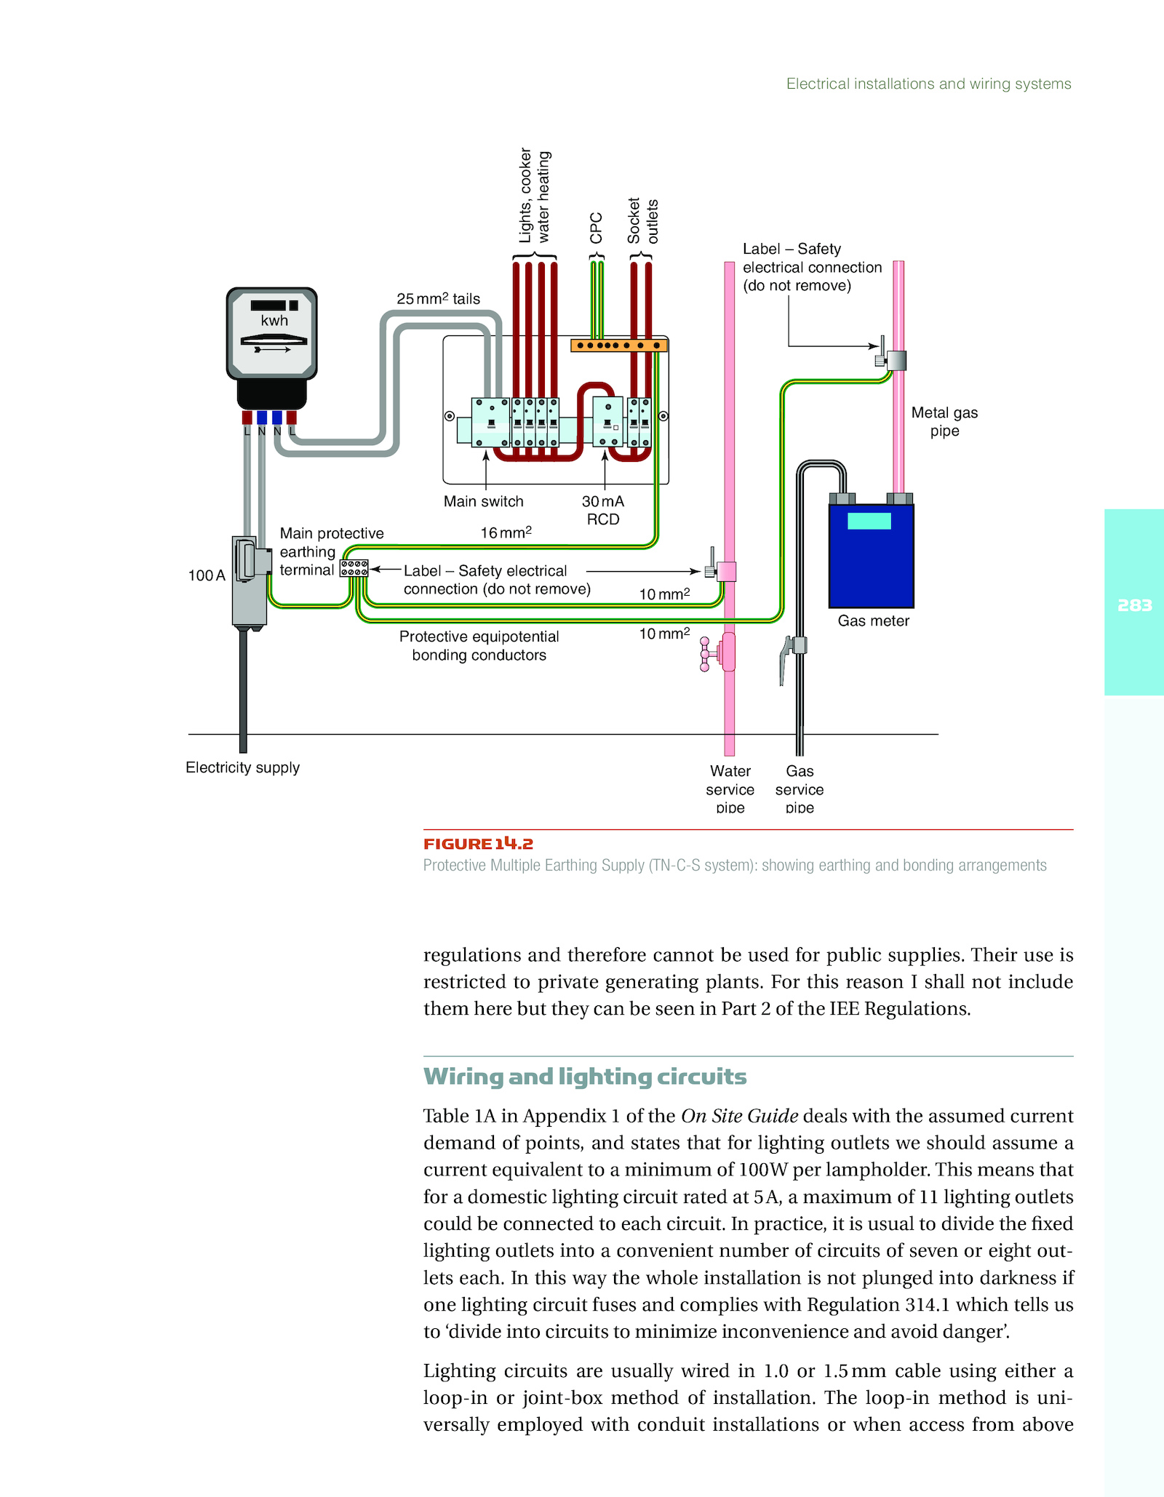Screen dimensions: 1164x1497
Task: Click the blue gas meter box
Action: (872, 556)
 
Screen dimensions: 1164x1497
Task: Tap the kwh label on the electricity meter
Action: (274, 321)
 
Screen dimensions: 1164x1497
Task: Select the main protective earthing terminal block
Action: (354, 568)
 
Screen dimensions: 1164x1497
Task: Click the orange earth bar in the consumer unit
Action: (619, 345)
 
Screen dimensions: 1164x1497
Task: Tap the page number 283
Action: (1135, 605)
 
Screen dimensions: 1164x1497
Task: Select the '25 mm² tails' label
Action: (438, 298)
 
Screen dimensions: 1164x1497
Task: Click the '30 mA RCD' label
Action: (603, 510)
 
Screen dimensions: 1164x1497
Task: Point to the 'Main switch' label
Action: (484, 501)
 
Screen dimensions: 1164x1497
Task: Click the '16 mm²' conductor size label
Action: (506, 532)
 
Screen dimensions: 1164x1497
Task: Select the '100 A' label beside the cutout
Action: (207, 575)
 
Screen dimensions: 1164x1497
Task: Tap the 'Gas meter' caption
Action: (873, 620)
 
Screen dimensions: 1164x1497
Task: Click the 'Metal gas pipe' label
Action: (944, 422)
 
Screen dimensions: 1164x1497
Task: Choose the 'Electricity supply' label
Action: (242, 767)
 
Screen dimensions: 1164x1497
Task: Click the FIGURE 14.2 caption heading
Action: (479, 844)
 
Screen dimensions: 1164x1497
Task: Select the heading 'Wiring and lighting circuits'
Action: (585, 1077)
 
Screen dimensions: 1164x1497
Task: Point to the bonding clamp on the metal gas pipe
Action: (892, 359)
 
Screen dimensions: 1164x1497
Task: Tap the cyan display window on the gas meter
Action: (869, 521)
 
